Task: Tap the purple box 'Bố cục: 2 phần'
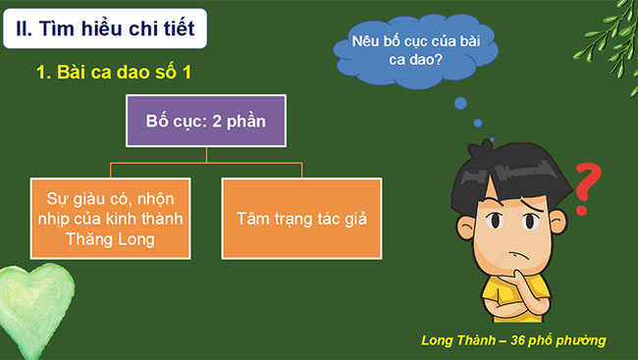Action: (x=205, y=122)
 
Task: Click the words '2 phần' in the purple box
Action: (x=239, y=122)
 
